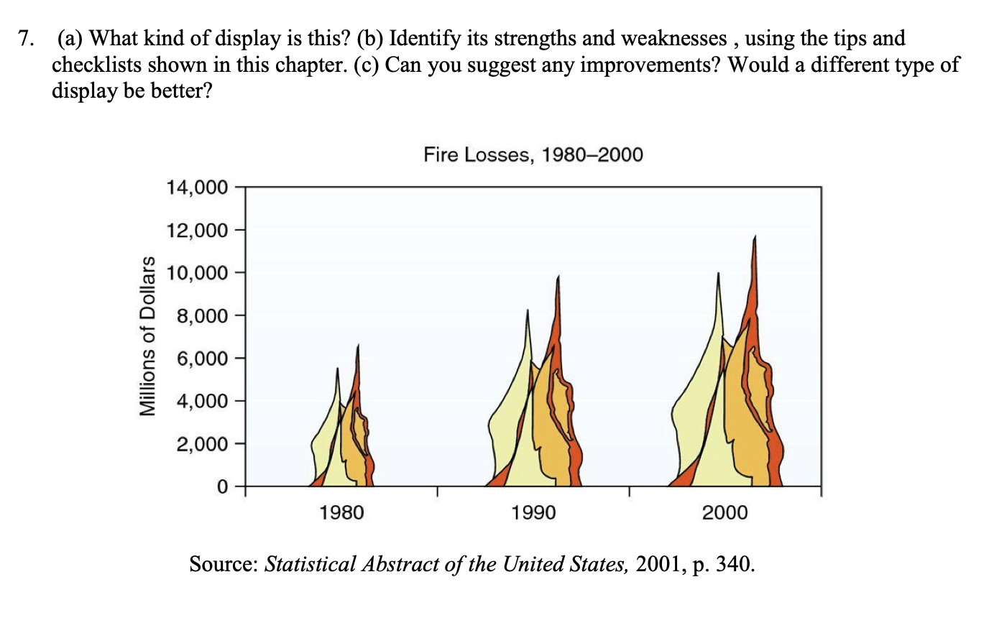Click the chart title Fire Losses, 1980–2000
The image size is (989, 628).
click(x=533, y=154)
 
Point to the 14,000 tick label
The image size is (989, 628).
click(x=196, y=188)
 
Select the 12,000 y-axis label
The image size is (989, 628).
click(x=196, y=231)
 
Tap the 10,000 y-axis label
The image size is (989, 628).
click(x=196, y=273)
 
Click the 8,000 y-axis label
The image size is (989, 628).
click(x=201, y=316)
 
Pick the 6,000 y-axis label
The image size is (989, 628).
click(x=201, y=359)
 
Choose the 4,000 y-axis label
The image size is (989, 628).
click(x=201, y=401)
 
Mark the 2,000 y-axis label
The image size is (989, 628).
click(x=201, y=444)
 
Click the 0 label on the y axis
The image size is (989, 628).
click(x=222, y=486)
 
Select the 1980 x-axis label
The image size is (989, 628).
click(x=341, y=512)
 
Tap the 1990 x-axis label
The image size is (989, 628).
click(x=533, y=512)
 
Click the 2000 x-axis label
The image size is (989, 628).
click(x=724, y=512)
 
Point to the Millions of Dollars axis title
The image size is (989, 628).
click(x=147, y=336)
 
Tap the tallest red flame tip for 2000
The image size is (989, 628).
click(x=754, y=244)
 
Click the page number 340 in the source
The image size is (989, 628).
click(x=733, y=564)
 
